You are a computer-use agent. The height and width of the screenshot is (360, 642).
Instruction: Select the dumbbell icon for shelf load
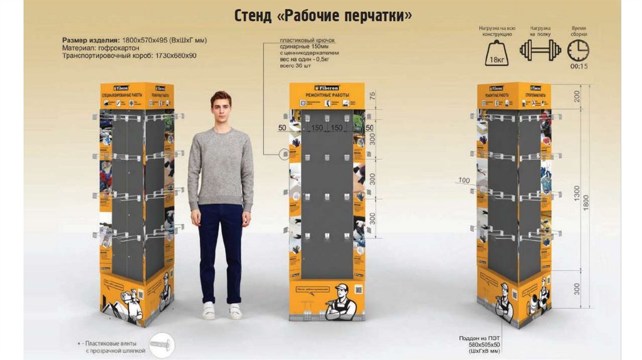click(540, 50)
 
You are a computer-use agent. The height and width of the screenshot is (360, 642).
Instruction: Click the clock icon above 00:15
click(578, 50)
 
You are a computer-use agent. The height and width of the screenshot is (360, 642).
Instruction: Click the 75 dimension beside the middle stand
click(372, 95)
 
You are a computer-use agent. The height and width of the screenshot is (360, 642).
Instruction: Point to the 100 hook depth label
click(464, 181)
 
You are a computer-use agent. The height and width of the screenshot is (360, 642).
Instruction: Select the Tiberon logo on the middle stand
click(326, 87)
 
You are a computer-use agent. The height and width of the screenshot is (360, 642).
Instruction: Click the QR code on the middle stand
click(358, 290)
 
